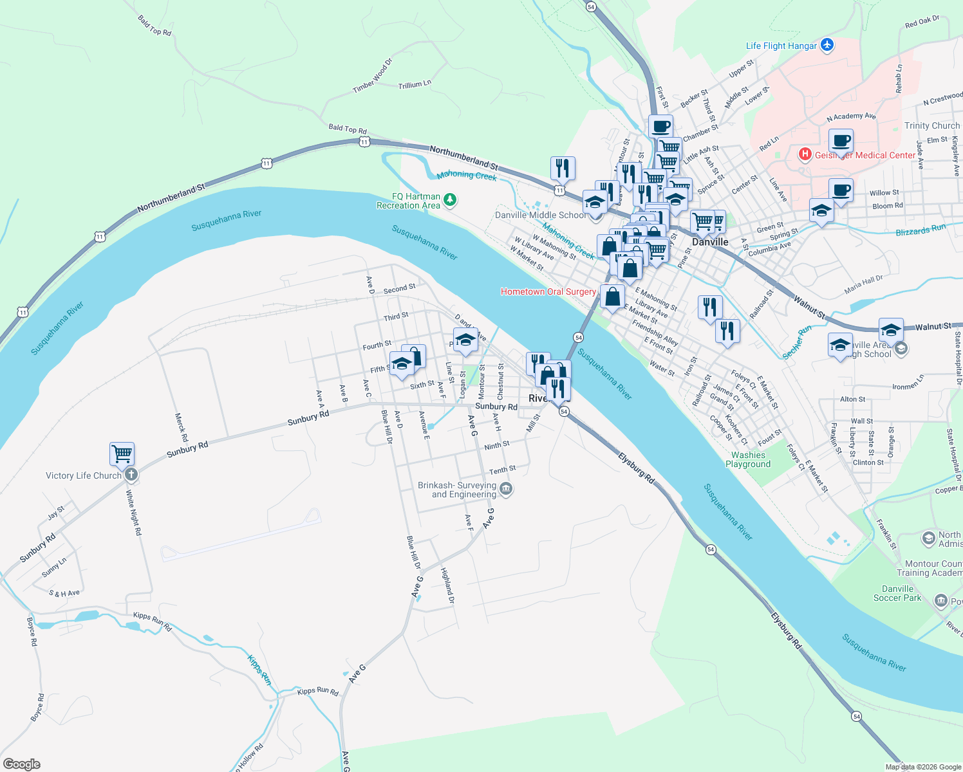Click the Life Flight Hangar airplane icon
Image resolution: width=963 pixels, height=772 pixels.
827,45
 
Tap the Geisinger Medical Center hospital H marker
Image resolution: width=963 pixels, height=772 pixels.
804,154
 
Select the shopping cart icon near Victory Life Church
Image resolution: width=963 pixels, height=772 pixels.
122,454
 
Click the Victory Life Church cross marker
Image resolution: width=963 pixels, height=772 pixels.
131,475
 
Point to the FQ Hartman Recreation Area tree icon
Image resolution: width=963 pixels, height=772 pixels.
450,200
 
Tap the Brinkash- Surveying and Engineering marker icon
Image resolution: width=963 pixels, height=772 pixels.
506,490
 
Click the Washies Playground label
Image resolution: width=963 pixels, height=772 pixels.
748,459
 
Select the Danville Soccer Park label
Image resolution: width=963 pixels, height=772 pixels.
897,593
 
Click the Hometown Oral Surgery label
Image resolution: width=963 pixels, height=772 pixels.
548,291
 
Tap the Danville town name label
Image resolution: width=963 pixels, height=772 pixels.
710,242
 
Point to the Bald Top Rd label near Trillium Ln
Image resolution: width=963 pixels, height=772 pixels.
347,129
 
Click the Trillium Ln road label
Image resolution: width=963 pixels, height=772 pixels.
415,84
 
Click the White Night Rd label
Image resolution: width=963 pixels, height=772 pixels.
133,513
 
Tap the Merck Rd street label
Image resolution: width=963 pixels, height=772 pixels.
182,427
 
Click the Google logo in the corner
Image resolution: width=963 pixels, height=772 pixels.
22,764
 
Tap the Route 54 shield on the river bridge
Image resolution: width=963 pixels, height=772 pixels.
578,337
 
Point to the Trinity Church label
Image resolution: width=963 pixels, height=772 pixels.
931,125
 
